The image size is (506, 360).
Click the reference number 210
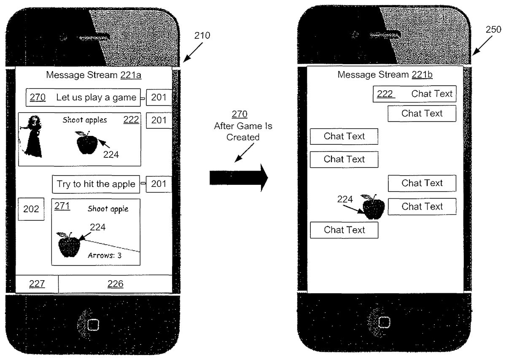click(x=202, y=36)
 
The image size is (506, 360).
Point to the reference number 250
click(x=492, y=30)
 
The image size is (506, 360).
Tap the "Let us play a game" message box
click(x=83, y=97)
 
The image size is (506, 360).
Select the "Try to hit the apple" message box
click(x=96, y=184)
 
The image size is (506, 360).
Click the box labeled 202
click(x=31, y=209)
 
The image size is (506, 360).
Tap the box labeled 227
click(x=37, y=284)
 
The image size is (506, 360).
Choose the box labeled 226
click(x=115, y=284)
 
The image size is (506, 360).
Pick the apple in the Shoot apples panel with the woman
click(x=87, y=143)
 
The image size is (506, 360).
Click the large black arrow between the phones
click(x=239, y=178)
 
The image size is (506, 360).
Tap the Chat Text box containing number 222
click(x=414, y=94)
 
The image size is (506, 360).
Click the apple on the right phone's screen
click(x=372, y=207)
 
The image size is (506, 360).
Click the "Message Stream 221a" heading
click(x=94, y=75)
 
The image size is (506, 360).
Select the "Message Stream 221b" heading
click(x=385, y=75)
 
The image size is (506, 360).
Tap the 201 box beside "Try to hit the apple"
click(x=159, y=184)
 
